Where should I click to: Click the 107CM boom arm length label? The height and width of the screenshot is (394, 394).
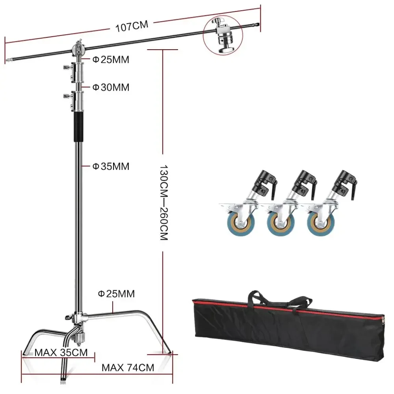click(x=132, y=26)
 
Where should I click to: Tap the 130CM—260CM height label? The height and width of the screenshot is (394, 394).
click(x=164, y=203)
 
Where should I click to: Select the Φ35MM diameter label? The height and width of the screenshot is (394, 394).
click(x=111, y=166)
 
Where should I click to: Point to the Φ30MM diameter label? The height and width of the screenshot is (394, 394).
click(x=111, y=87)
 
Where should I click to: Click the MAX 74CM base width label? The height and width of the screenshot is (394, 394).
click(x=128, y=368)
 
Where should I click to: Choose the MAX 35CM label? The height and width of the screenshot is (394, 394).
click(x=61, y=353)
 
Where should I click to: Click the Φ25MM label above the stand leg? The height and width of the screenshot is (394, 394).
click(x=116, y=294)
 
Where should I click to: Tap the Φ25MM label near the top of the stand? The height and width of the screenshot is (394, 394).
click(x=111, y=59)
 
